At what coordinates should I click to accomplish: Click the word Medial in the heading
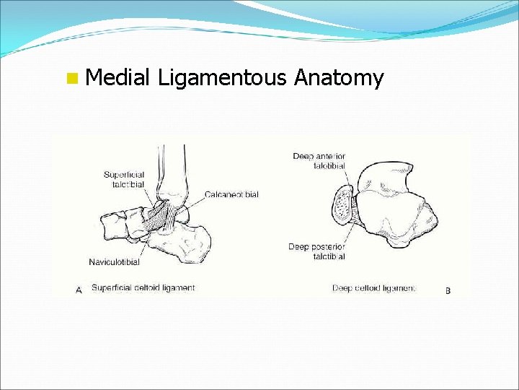point(116,77)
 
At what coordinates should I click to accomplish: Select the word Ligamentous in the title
point(222,78)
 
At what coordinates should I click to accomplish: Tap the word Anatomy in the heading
point(339,78)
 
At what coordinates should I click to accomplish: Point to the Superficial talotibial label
point(124,179)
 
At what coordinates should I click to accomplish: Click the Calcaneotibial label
point(231,194)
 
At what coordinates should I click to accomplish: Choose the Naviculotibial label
point(114,261)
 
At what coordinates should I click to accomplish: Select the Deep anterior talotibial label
point(319,161)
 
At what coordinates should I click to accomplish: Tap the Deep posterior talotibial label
point(316,251)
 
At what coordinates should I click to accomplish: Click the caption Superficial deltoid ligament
point(143,287)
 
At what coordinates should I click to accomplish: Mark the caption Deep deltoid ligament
point(373,288)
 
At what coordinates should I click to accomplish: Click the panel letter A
point(79,289)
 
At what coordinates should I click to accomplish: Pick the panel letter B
point(448,290)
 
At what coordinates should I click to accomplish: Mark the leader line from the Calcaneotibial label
point(195,198)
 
